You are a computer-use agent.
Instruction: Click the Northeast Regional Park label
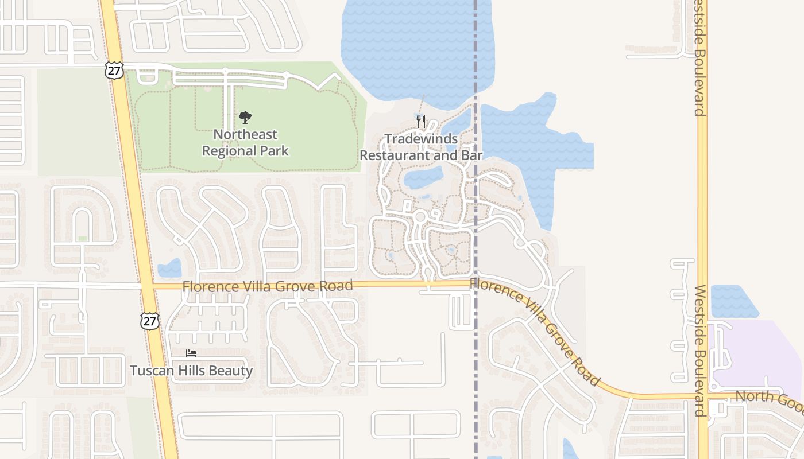click(245, 143)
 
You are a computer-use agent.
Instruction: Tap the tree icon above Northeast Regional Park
click(245, 118)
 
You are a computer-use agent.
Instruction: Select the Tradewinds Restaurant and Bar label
click(421, 147)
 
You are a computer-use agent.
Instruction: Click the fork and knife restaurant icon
click(421, 122)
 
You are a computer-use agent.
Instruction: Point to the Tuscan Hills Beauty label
click(191, 371)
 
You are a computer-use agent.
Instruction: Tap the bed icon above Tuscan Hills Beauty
click(191, 353)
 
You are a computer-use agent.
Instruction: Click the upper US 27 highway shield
click(114, 71)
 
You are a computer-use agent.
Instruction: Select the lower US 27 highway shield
click(149, 321)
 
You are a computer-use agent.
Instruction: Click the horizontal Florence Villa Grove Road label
click(267, 286)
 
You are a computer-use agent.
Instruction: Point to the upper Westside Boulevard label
click(699, 57)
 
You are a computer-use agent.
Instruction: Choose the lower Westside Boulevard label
click(699, 350)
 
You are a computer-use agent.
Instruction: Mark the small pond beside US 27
click(169, 268)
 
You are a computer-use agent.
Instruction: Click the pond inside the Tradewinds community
click(423, 178)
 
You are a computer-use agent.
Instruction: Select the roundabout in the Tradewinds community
click(420, 217)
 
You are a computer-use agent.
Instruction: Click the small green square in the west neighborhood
click(83, 238)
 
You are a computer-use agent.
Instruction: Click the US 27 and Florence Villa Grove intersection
click(148, 285)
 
